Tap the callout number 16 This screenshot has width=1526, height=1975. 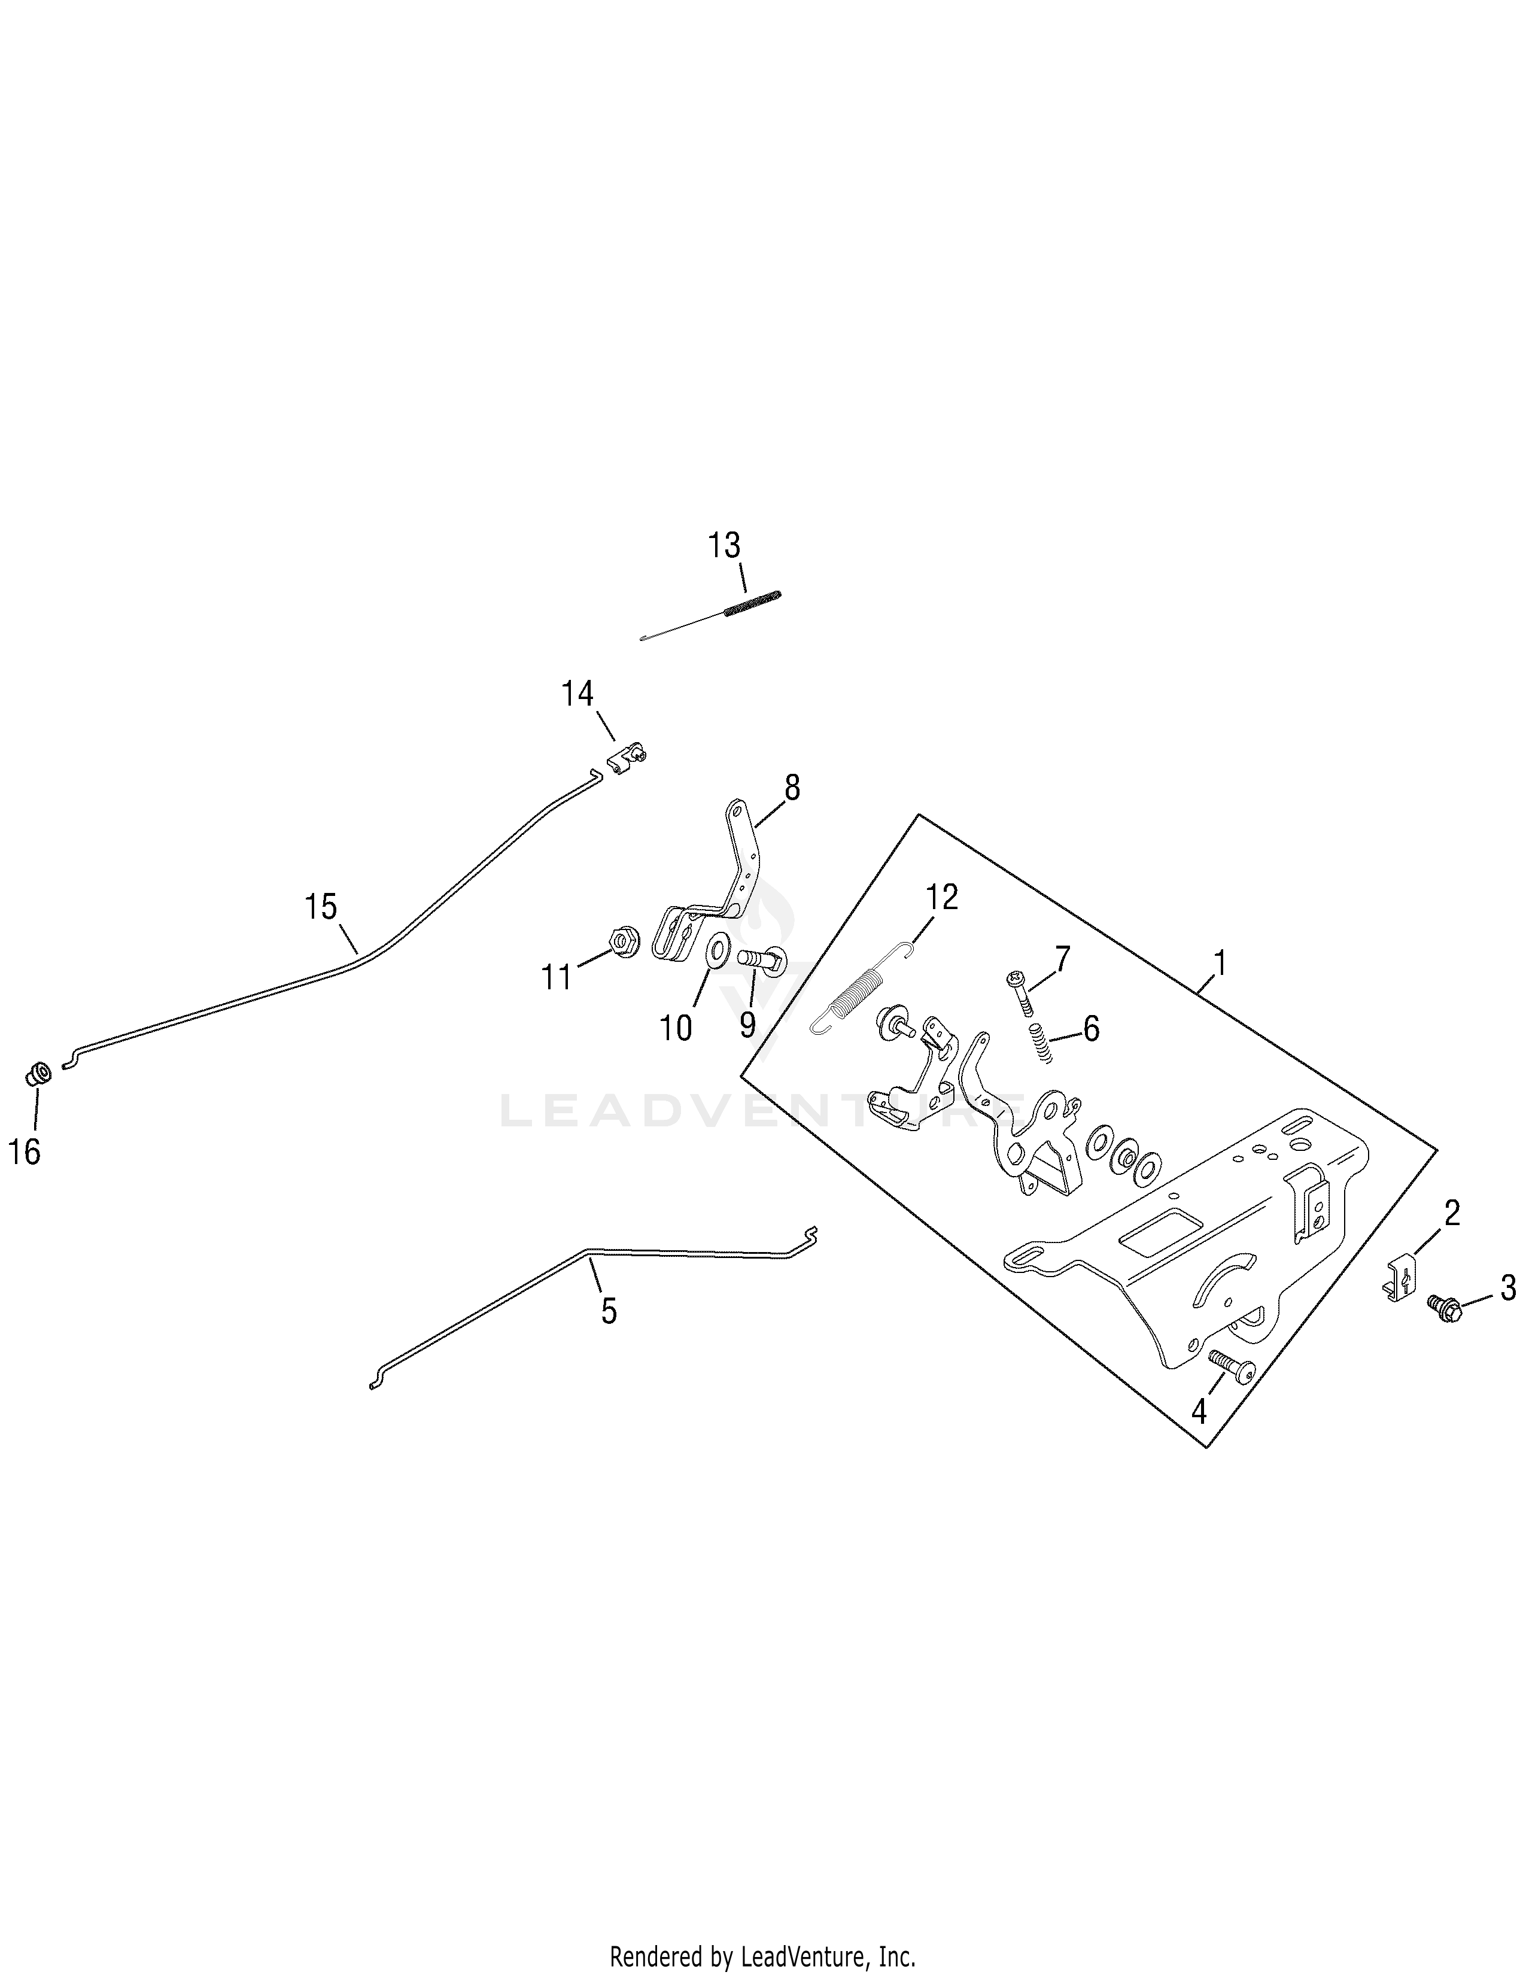tap(25, 1152)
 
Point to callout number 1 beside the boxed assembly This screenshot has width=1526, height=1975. tap(1220, 964)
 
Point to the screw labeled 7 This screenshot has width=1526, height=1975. tap(1020, 992)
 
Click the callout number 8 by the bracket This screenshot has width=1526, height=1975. tap(792, 789)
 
